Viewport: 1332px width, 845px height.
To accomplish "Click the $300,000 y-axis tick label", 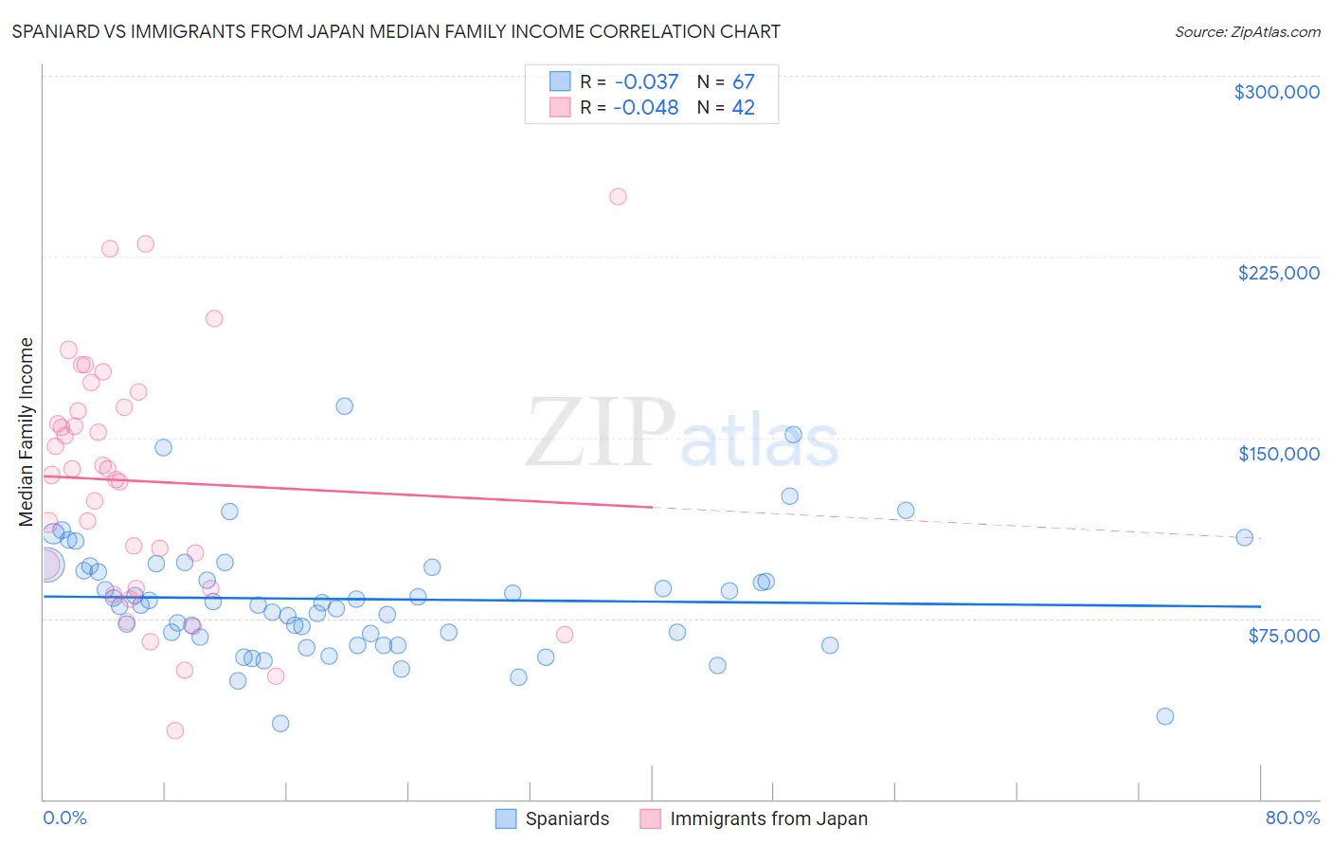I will click(1276, 92).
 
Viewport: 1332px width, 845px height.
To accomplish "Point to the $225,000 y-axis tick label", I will click(1278, 273).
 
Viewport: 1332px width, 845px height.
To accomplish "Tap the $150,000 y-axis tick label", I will click(1278, 454).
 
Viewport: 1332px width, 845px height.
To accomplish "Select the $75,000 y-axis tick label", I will click(1283, 636).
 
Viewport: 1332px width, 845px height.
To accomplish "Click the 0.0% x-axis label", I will click(64, 818).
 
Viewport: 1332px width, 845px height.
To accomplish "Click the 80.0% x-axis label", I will click(1292, 818).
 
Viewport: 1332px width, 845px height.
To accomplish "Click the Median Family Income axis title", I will click(27, 432).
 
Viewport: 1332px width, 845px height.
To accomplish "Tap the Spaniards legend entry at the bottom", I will click(567, 819).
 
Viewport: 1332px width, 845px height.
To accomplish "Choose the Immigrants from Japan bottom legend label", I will click(768, 819).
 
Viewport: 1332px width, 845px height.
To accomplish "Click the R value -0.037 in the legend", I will click(646, 82).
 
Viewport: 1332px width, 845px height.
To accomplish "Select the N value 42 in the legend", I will click(743, 108).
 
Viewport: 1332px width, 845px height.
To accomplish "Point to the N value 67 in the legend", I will click(743, 82).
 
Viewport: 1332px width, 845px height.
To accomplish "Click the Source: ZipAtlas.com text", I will click(1247, 32).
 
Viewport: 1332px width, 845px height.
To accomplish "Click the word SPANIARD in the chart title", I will click(62, 32).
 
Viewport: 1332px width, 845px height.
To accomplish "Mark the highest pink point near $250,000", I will click(618, 197).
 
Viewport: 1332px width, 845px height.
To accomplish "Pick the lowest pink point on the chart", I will click(175, 730).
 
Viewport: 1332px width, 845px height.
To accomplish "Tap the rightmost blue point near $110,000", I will click(1245, 537).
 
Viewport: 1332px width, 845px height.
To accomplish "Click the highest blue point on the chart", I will click(345, 406).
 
